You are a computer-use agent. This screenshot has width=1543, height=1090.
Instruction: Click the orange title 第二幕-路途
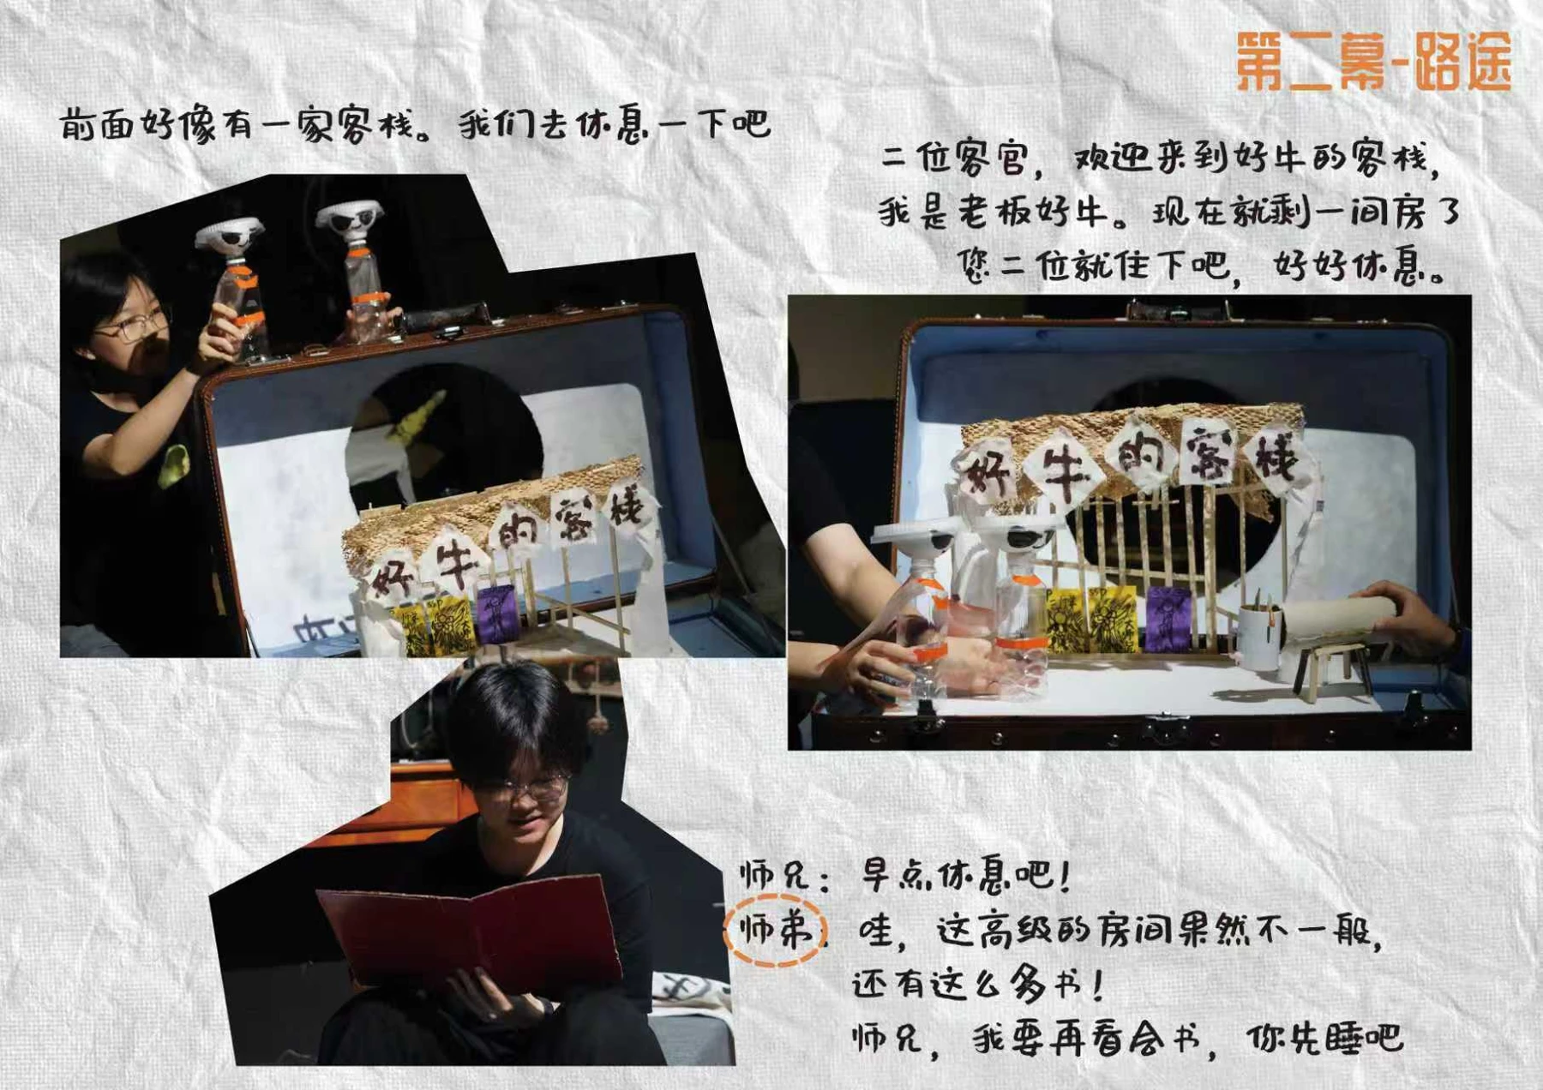pos(1372,61)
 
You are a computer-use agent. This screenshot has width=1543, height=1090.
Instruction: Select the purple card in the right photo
pos(1168,619)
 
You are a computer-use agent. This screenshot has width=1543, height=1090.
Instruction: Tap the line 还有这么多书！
pos(978,985)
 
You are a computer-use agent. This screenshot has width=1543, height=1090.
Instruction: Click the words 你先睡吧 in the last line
pos(1325,1039)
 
